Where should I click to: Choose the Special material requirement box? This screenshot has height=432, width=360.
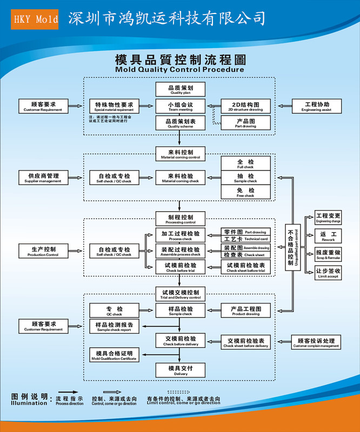click(114, 106)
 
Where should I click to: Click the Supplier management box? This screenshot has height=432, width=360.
click(43, 178)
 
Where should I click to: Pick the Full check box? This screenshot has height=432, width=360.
click(245, 164)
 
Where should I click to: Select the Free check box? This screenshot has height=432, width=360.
click(245, 192)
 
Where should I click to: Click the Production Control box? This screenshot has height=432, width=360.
click(43, 251)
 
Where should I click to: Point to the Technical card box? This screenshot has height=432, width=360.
click(245, 238)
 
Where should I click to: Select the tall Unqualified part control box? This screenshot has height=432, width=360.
click(293, 251)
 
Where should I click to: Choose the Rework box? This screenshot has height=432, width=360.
click(328, 237)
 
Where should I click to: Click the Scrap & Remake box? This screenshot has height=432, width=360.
click(328, 254)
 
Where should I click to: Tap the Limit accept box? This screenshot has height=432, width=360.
click(328, 273)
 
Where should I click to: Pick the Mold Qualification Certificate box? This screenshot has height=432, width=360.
click(114, 355)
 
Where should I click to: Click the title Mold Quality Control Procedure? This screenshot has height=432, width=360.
click(179, 69)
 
